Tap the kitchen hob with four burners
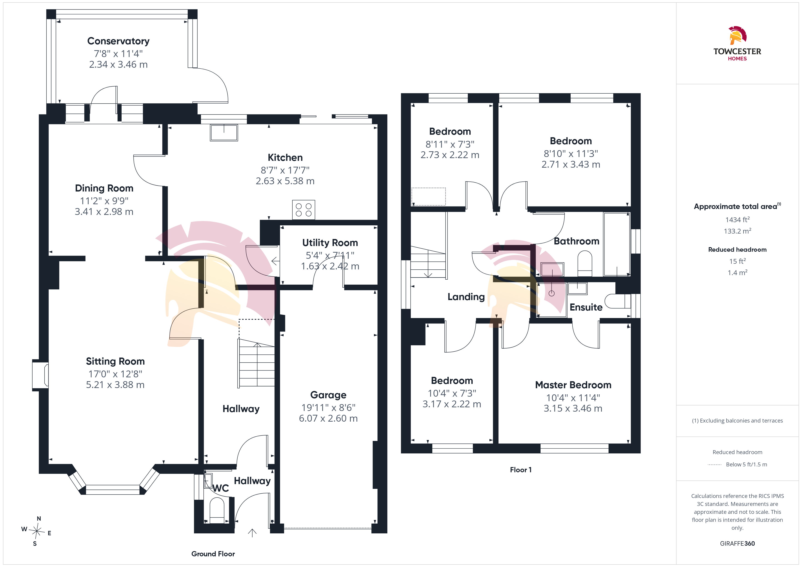[x=303, y=210]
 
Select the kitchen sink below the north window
[x=224, y=133]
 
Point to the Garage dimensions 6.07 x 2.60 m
[x=328, y=418]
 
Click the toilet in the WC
[x=217, y=510]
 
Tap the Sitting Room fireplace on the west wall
[x=40, y=375]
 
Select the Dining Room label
[x=104, y=189]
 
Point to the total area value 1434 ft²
[x=737, y=220]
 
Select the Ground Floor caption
[x=213, y=554]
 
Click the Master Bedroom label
[x=573, y=385]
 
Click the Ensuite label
[x=586, y=307]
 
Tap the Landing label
[x=466, y=297]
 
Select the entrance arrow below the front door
[x=252, y=533]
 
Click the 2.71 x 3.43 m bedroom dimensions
[x=571, y=164]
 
